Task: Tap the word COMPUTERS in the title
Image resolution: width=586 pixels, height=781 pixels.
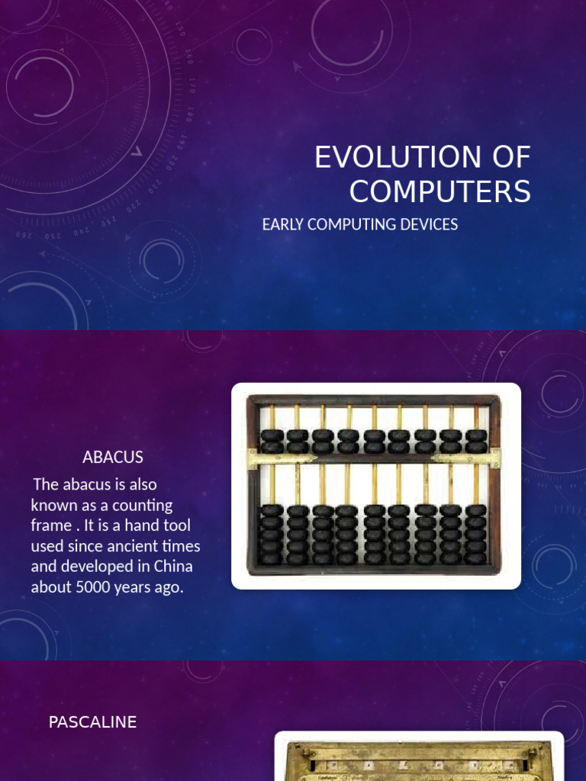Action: click(x=439, y=191)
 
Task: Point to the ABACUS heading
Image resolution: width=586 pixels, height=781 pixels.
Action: click(x=112, y=458)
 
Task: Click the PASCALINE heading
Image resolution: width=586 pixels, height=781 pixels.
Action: click(x=92, y=722)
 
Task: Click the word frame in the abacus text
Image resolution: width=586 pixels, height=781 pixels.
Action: click(x=50, y=525)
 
